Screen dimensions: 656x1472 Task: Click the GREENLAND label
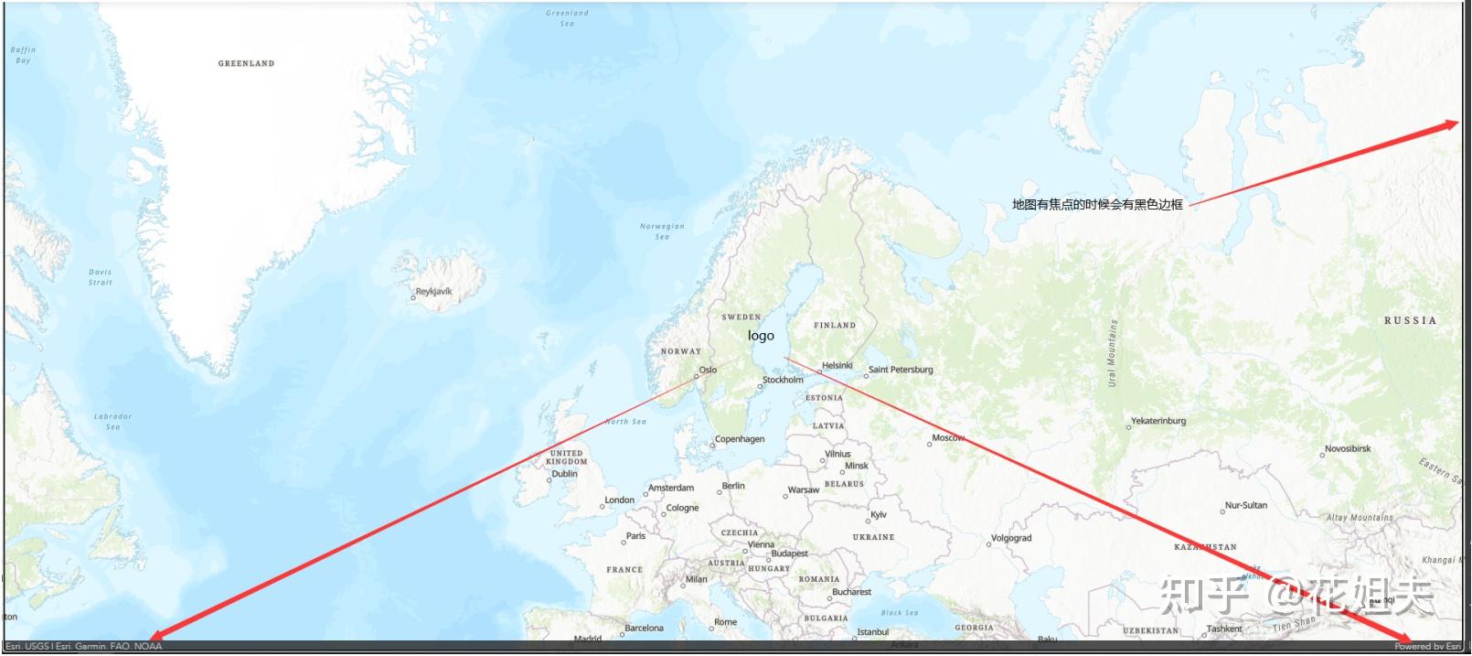click(x=246, y=63)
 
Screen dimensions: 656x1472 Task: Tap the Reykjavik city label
click(x=433, y=292)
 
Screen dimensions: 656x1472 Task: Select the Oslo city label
click(x=708, y=370)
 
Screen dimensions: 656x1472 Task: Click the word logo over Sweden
click(x=761, y=336)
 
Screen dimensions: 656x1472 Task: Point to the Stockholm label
click(x=783, y=380)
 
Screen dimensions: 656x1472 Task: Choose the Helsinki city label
click(x=837, y=365)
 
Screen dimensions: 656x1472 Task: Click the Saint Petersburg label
click(x=901, y=370)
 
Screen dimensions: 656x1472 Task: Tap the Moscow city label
click(x=948, y=438)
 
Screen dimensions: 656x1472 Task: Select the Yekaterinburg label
click(x=1158, y=421)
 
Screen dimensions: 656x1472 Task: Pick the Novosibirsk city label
click(x=1348, y=448)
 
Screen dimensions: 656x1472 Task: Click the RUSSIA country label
click(x=1410, y=320)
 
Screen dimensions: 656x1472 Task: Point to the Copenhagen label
click(x=740, y=439)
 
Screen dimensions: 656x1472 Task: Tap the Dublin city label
click(x=564, y=474)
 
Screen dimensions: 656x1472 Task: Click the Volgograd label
click(x=1011, y=538)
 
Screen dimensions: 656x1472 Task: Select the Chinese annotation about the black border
click(x=1097, y=205)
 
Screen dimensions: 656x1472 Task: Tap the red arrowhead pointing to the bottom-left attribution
click(x=156, y=635)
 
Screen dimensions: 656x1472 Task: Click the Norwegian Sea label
click(x=662, y=231)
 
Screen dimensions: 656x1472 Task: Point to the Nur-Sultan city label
click(x=1246, y=505)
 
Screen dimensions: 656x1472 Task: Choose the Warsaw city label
click(x=804, y=490)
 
